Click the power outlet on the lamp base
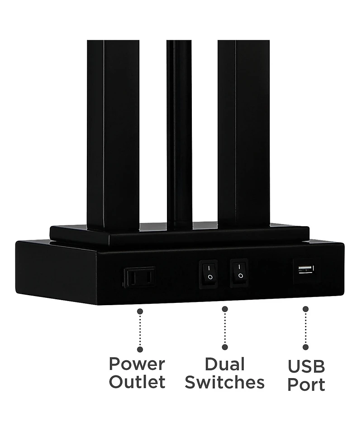coord(139,277)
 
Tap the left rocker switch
coord(209,274)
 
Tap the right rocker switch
coord(239,273)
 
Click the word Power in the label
coord(137,364)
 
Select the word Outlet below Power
coord(137,382)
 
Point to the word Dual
coord(225,364)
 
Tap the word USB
coord(306,366)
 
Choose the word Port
coord(306,384)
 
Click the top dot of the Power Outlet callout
coord(140,312)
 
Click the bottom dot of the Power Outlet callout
coord(140,350)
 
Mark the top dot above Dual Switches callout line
coord(225,309)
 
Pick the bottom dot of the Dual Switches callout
coord(225,347)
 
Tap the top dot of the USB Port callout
coord(305,309)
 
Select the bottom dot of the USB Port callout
coord(305,347)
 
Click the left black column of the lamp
coord(113,135)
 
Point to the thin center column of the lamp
coord(179,134)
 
